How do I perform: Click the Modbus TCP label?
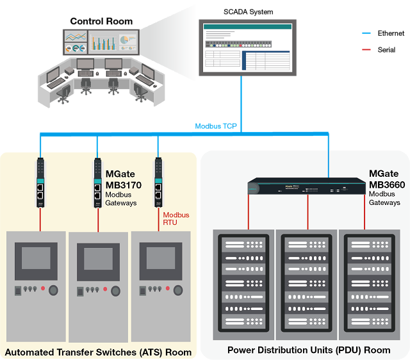click(x=216, y=126)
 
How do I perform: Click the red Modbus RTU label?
click(x=176, y=219)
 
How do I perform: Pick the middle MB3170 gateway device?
click(x=97, y=183)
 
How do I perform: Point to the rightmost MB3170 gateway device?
click(x=157, y=183)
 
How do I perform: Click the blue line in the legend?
click(x=366, y=33)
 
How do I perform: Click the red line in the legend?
click(x=366, y=49)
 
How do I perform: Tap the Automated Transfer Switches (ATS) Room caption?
click(x=98, y=352)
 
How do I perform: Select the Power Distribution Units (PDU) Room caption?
click(x=309, y=350)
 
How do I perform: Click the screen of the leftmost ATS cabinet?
click(x=40, y=258)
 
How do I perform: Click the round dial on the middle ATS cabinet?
click(x=115, y=291)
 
